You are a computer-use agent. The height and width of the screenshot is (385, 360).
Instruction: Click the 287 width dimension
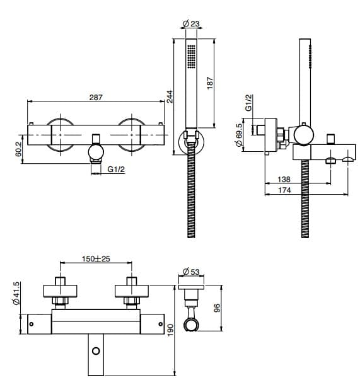tap(96, 98)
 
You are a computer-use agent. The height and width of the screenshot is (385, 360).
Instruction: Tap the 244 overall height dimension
tap(170, 97)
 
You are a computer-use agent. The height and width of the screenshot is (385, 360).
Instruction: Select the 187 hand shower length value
tap(210, 83)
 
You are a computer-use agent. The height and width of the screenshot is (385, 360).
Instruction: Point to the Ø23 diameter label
tap(191, 23)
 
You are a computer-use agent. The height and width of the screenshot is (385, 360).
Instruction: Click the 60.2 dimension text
tap(19, 149)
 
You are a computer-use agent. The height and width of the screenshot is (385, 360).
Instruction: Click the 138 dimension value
tap(284, 180)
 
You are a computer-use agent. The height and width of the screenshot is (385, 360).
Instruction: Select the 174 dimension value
tap(284, 190)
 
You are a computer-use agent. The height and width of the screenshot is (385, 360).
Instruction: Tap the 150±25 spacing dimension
tap(96, 259)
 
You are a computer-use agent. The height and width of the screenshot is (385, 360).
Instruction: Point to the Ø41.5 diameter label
tap(16, 294)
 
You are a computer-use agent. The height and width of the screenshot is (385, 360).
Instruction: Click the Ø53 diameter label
tap(191, 272)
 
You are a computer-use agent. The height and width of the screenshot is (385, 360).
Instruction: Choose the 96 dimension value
tap(217, 308)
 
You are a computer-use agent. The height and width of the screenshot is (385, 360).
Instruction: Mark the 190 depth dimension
tap(170, 330)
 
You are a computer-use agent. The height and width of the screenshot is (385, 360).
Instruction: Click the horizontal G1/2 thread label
tap(116, 169)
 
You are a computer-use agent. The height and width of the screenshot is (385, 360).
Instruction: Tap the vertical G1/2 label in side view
tap(248, 103)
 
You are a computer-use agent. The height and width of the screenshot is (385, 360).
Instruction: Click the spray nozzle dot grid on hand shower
tap(191, 57)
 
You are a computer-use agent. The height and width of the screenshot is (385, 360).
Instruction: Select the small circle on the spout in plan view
tap(96, 351)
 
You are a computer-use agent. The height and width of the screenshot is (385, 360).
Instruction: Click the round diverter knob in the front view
tap(96, 151)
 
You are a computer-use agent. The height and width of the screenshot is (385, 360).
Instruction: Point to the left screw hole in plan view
tap(31, 324)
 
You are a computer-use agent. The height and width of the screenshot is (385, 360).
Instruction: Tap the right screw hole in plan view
tap(161, 324)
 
